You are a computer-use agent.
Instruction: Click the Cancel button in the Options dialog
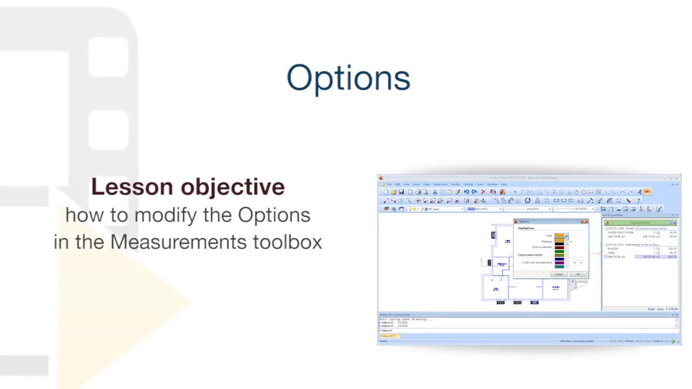(558, 274)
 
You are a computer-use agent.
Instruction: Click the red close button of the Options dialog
(584, 222)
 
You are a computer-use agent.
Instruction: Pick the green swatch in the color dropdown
(559, 252)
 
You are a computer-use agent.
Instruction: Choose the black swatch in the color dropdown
(559, 244)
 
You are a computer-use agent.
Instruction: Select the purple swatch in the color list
(559, 263)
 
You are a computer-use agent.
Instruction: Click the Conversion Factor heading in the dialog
(530, 255)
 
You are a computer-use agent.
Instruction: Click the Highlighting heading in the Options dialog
(525, 229)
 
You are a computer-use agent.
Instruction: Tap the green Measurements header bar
(640, 223)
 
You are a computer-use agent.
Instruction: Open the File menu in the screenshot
(389, 184)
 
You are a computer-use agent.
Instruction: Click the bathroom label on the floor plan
(502, 264)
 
